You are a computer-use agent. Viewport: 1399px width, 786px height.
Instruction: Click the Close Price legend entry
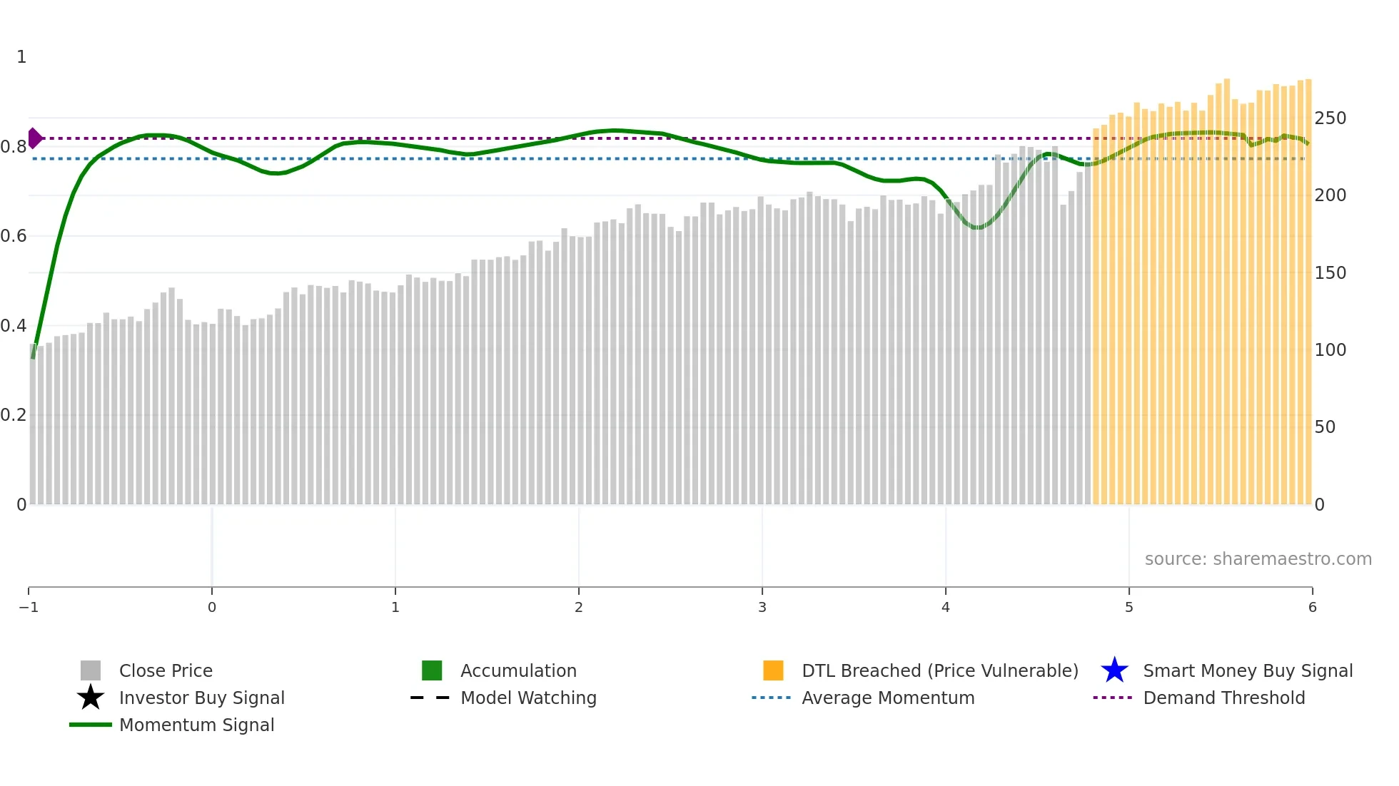tap(166, 670)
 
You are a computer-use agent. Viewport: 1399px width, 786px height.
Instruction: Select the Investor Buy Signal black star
tap(91, 698)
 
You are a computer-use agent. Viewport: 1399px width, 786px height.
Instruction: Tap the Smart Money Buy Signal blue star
tap(1114, 670)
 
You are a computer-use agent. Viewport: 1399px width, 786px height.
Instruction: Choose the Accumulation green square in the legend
tap(432, 670)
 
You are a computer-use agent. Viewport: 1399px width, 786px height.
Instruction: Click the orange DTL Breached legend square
tap(773, 670)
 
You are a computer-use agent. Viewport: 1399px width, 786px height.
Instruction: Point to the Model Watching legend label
tap(528, 698)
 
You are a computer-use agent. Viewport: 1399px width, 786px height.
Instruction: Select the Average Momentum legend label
tap(888, 698)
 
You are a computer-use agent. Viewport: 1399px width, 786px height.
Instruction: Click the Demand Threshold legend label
tap(1223, 698)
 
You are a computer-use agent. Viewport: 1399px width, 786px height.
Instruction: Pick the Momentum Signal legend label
tap(196, 725)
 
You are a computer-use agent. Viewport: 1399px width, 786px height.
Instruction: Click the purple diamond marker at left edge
tap(34, 138)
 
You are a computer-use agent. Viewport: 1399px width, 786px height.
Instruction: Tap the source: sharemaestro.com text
tap(1258, 558)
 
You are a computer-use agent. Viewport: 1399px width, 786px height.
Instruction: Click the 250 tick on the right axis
tap(1330, 118)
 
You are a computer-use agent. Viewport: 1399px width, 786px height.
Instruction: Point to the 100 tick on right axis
tap(1330, 350)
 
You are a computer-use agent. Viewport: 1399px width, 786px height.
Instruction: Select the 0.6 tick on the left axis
tap(14, 236)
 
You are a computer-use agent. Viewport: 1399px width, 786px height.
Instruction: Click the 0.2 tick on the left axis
tap(14, 415)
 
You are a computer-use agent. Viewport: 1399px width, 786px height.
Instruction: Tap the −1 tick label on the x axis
tap(29, 607)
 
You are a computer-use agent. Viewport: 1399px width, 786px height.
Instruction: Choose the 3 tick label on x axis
tap(762, 607)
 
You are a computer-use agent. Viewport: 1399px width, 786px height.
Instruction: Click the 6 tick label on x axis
tap(1312, 607)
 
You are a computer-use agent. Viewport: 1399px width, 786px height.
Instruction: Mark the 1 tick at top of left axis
tap(21, 57)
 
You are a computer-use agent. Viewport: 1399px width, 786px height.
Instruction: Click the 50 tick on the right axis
tap(1325, 427)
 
